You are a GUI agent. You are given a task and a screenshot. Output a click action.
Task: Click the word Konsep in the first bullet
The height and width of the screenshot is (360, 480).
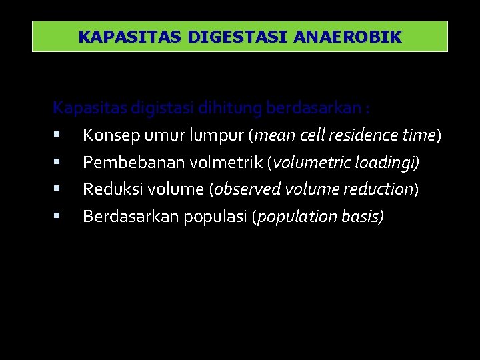[107, 136]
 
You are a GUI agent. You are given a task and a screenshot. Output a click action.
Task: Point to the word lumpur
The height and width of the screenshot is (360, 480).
[217, 136]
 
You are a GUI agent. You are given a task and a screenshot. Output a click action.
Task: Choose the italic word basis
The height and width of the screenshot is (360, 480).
[363, 217]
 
